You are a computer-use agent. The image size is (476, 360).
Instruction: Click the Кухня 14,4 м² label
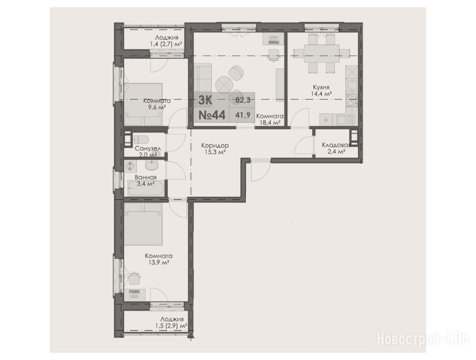321,90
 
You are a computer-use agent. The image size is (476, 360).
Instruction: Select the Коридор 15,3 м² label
215,149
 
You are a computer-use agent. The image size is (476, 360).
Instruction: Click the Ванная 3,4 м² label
145,180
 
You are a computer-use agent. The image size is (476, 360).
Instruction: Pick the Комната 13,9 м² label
159,259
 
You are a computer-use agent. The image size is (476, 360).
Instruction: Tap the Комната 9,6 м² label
157,104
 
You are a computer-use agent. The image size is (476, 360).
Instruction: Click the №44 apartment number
212,115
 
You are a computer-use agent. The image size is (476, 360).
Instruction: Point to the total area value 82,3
243,100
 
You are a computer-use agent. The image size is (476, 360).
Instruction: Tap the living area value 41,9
242,115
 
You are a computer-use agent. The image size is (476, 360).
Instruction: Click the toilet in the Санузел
141,139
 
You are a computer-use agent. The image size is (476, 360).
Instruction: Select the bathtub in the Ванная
146,188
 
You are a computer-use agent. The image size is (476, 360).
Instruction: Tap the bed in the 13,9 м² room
143,224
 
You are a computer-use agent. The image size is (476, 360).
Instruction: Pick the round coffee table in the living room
224,84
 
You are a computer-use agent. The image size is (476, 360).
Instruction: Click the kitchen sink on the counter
341,120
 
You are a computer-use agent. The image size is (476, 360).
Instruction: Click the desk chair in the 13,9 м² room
134,278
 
